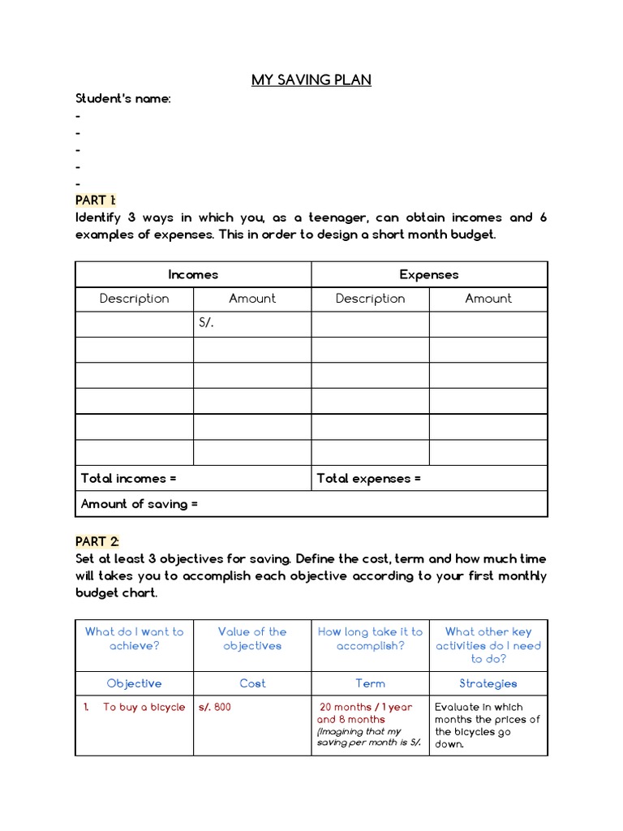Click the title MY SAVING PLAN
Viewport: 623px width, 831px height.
(x=311, y=80)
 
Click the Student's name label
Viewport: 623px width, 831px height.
(x=123, y=99)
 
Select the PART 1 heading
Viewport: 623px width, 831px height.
(x=96, y=200)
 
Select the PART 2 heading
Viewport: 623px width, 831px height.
(x=97, y=541)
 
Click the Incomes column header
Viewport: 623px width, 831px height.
(x=193, y=274)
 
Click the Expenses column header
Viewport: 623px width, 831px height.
(x=429, y=274)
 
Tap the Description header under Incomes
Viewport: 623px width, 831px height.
(x=135, y=299)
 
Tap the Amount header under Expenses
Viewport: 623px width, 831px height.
(x=488, y=299)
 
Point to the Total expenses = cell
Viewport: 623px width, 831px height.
(x=369, y=478)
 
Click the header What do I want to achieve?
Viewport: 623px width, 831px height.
(x=135, y=639)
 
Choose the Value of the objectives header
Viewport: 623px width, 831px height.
(x=252, y=639)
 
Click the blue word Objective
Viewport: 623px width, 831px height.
(x=135, y=683)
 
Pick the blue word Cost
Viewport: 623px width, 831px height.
(x=252, y=683)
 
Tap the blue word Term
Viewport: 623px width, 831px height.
(x=370, y=683)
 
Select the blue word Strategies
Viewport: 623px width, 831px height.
(x=488, y=683)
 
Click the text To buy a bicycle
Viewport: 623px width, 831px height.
(x=144, y=707)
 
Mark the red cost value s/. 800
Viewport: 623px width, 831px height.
(x=215, y=707)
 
